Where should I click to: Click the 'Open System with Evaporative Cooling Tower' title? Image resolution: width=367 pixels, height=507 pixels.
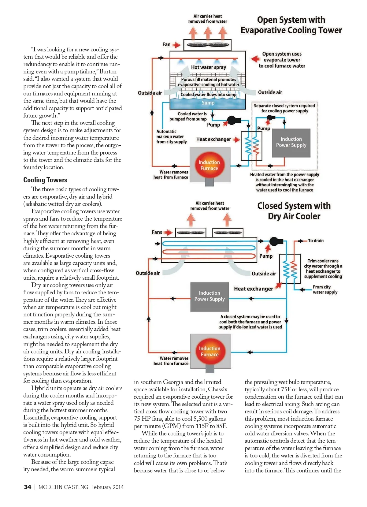click(x=291, y=25)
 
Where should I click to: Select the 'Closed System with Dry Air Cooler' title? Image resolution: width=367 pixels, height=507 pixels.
click(x=294, y=211)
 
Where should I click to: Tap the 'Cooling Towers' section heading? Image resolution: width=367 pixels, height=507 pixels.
click(x=45, y=180)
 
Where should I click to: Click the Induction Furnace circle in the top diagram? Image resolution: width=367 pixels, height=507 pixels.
click(x=209, y=165)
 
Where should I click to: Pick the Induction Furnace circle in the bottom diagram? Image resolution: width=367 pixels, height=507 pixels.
click(x=209, y=352)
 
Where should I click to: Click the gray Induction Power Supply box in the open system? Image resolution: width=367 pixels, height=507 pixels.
click(x=291, y=143)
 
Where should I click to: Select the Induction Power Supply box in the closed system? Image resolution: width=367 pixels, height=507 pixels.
click(x=209, y=296)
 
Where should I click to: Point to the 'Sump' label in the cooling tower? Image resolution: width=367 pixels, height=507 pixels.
click(x=208, y=103)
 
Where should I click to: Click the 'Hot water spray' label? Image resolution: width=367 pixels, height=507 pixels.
click(x=209, y=67)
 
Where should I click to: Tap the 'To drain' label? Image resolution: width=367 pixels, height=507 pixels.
click(x=316, y=241)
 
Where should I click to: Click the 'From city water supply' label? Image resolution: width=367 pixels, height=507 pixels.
click(x=325, y=289)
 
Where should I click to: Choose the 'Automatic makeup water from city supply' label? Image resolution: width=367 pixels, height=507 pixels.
click(x=171, y=136)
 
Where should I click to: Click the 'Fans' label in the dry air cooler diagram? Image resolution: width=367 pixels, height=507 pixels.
click(x=157, y=232)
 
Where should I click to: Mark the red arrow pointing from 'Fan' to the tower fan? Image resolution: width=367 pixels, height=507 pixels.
click(x=176, y=45)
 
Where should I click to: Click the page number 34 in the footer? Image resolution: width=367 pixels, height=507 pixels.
click(x=28, y=487)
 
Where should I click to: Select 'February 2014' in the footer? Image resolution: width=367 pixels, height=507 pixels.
click(x=107, y=487)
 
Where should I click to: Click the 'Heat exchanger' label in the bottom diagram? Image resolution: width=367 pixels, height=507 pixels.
click(x=254, y=289)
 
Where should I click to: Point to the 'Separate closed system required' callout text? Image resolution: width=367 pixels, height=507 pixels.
click(x=284, y=108)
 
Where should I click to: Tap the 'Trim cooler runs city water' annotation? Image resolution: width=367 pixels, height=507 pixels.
click(x=323, y=269)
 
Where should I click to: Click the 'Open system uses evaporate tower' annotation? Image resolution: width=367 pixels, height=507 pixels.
click(x=282, y=60)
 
